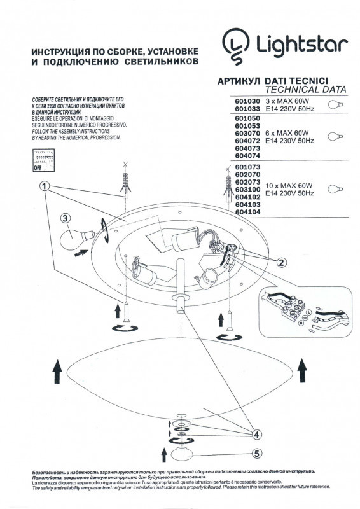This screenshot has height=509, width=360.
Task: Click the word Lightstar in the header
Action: pyautogui.click(x=301, y=45)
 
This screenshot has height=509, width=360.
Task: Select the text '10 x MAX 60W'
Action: pyautogui.click(x=288, y=183)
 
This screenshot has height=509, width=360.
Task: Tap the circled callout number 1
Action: pyautogui.click(x=44, y=186)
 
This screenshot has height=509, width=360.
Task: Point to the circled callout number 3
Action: pyautogui.click(x=65, y=218)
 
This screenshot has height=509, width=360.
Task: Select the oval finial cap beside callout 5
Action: pyautogui.click(x=183, y=455)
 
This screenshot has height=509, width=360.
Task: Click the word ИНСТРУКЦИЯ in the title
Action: pyautogui.click(x=60, y=51)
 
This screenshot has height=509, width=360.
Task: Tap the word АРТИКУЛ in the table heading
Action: pyautogui.click(x=239, y=81)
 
